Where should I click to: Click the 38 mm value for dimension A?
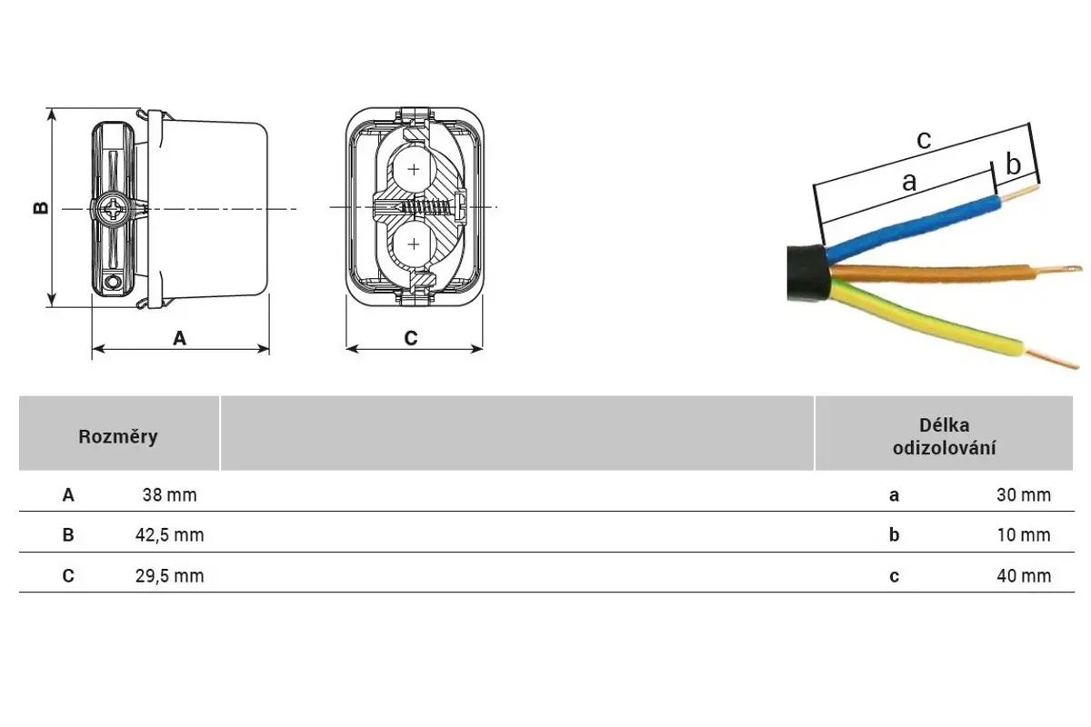click(x=169, y=495)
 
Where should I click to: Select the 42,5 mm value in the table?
click(x=169, y=535)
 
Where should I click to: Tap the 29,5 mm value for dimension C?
click(x=169, y=576)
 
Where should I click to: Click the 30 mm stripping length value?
click(x=1023, y=495)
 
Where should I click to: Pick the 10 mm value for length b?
click(x=1023, y=535)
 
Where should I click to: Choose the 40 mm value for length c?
click(x=1023, y=576)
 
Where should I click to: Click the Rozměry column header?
click(x=118, y=436)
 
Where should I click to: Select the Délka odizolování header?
click(x=944, y=436)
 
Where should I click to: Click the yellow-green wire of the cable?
click(x=927, y=323)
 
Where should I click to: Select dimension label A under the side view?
click(x=180, y=338)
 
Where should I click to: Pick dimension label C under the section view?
click(x=411, y=338)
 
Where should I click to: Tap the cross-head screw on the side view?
click(x=115, y=210)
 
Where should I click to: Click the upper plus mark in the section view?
click(x=415, y=169)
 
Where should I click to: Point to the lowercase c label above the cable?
click(x=924, y=140)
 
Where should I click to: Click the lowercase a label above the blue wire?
click(x=909, y=182)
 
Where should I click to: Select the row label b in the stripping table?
click(x=895, y=535)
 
